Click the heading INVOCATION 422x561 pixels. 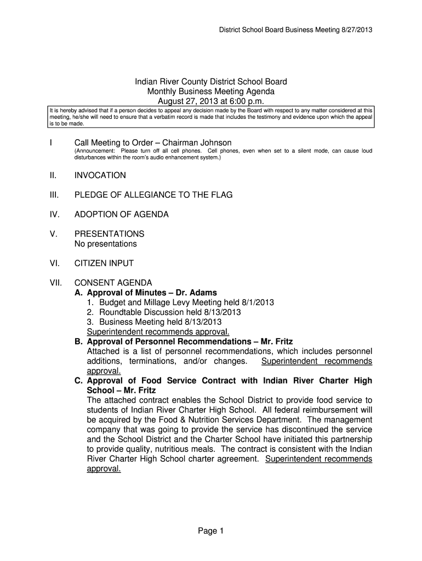pos(100,175)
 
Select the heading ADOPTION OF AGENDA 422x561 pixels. pos(122,214)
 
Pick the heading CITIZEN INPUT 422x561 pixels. pos(104,263)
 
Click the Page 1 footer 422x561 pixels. pos(211,530)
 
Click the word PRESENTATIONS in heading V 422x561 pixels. pos(110,234)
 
